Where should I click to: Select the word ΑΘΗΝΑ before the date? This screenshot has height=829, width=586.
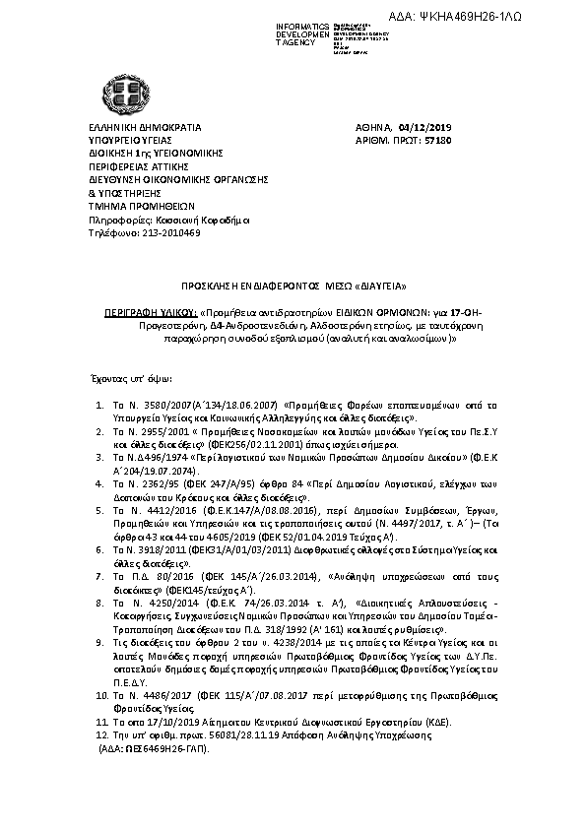[x=373, y=128]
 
